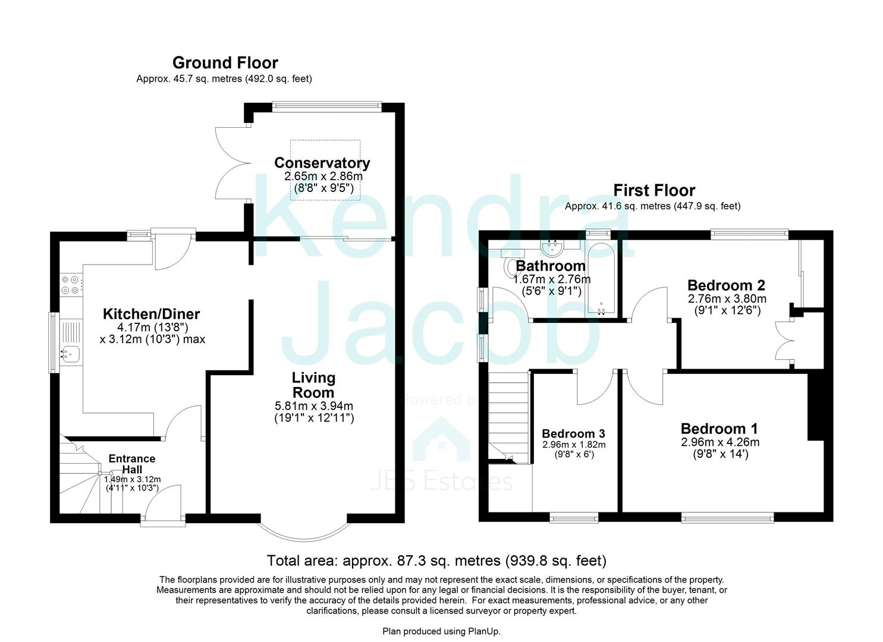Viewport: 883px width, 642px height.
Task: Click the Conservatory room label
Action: click(x=322, y=163)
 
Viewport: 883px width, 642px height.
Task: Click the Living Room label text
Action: click(x=313, y=385)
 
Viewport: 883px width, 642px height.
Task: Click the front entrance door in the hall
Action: click(x=163, y=505)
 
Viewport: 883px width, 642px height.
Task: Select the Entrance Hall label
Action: click(x=132, y=464)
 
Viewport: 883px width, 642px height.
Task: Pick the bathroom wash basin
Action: click(x=553, y=246)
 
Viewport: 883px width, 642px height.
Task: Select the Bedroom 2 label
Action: click(x=726, y=285)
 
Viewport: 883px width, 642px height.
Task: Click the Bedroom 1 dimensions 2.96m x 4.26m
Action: click(x=720, y=442)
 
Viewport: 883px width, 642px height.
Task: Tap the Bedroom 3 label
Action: click(x=573, y=433)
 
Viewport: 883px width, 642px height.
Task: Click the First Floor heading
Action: click(x=654, y=190)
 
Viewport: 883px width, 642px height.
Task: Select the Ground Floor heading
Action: click(x=225, y=62)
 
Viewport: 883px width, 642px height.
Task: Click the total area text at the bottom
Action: click(x=436, y=560)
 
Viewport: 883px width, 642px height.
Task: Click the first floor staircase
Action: click(x=508, y=416)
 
